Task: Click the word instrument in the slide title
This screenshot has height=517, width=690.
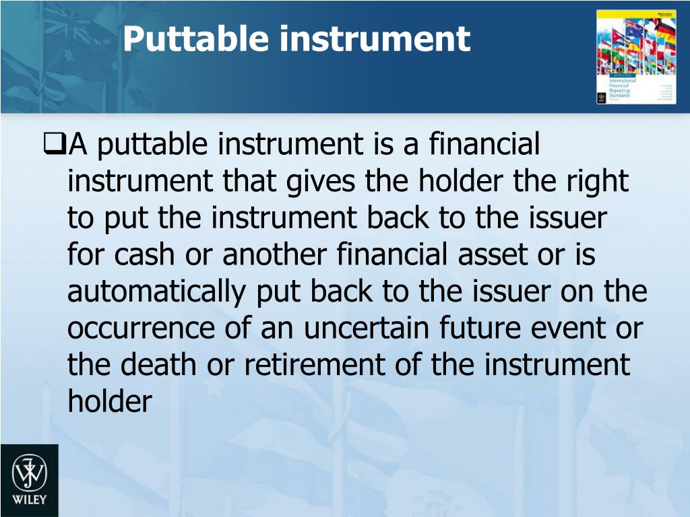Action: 374,39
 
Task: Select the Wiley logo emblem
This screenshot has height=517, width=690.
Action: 28,472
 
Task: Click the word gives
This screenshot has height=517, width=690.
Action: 326,182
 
